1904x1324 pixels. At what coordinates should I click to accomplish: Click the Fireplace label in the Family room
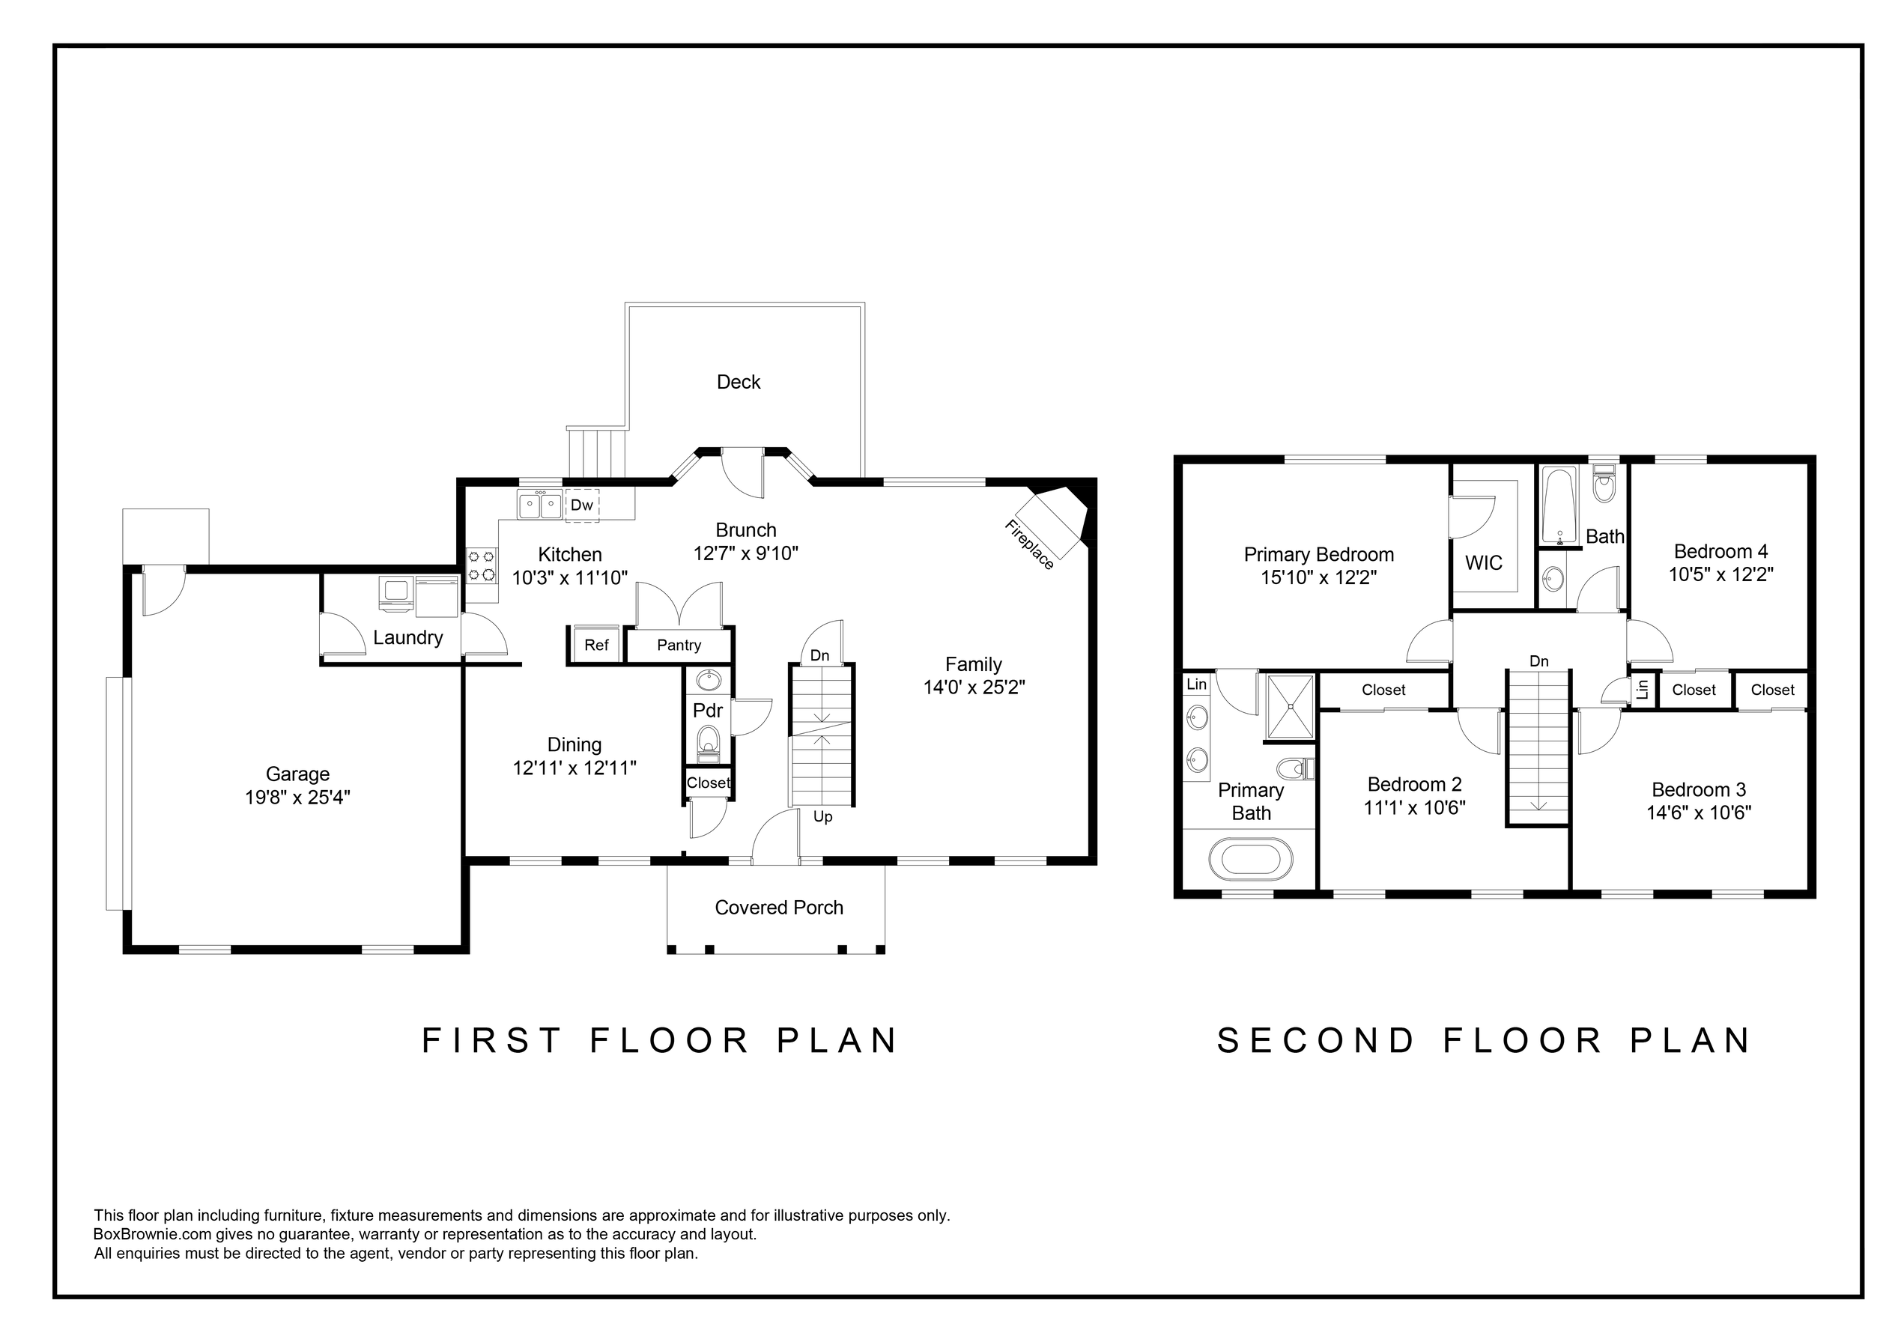pos(1029,544)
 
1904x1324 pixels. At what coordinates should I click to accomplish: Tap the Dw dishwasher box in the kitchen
pos(582,505)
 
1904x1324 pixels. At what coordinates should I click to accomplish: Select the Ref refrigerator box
pos(596,645)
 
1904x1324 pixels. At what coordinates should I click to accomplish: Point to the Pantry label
pos(679,645)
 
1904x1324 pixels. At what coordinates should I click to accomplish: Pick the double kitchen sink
pos(539,504)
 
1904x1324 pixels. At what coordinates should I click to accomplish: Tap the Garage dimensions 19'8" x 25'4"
pos(297,798)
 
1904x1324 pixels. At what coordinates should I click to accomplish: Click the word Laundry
pos(407,637)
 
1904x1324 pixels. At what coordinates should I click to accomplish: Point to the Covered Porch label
pos(779,908)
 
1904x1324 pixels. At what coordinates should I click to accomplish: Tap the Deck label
pos(738,382)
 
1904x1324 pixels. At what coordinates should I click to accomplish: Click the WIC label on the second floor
pos(1484,563)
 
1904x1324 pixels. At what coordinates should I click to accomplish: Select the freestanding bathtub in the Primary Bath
pos(1251,860)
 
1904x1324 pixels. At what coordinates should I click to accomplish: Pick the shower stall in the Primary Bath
pos(1291,705)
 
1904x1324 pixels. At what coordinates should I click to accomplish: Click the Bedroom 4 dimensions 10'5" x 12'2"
pos(1720,574)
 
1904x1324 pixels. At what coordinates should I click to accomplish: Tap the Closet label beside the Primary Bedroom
pos(1383,690)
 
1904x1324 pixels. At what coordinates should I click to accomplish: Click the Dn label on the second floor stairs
pos(1539,661)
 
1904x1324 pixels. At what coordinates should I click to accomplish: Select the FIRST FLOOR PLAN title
pos(660,1040)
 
